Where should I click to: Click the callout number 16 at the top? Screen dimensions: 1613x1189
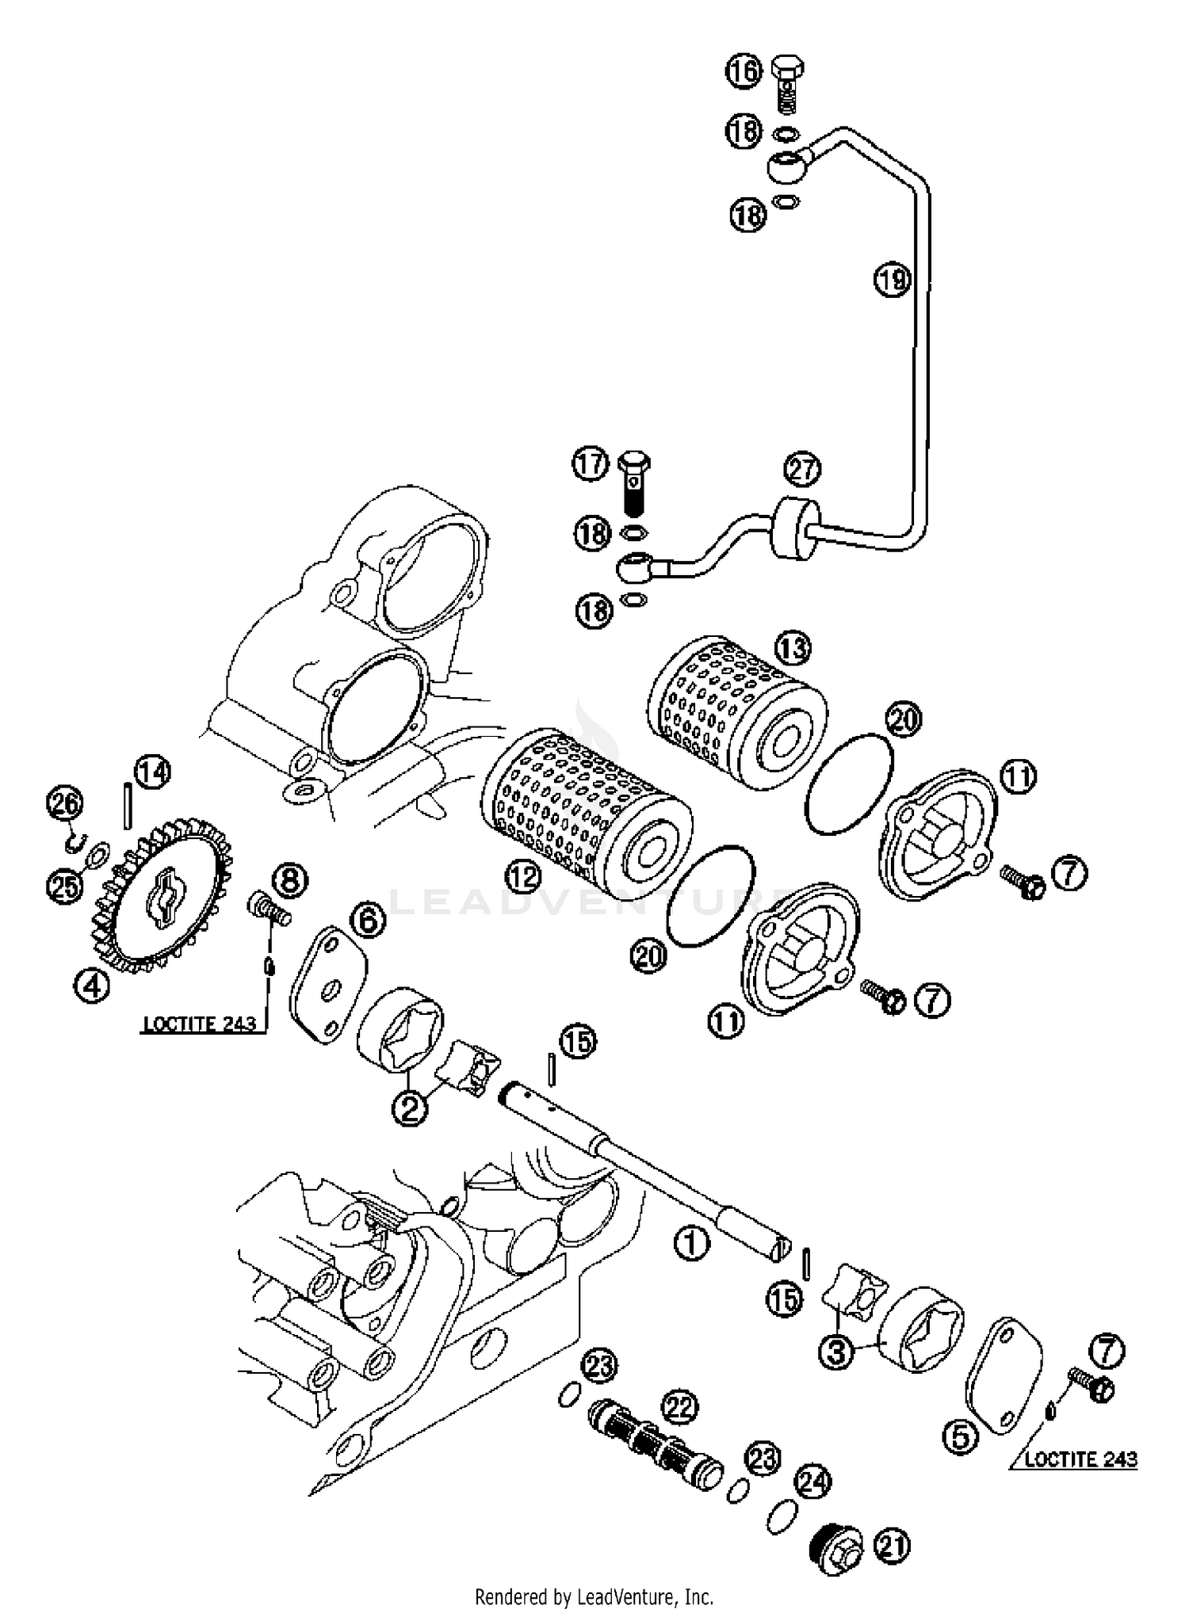[x=743, y=71]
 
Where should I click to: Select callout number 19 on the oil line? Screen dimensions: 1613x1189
[x=893, y=279]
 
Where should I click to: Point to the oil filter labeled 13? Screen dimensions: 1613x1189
[x=737, y=705]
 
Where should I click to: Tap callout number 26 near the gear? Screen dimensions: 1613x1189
[x=65, y=803]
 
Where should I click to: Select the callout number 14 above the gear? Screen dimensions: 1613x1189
[x=152, y=772]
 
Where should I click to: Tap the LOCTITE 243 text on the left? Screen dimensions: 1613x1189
[x=199, y=1024]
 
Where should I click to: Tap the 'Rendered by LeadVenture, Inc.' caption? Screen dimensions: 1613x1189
[x=594, y=1596]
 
